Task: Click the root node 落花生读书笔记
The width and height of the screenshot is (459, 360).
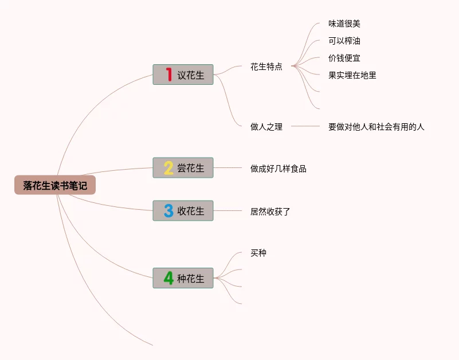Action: (55, 185)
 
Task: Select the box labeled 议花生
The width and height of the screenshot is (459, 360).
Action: (183, 75)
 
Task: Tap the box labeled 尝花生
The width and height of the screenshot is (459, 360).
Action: (183, 168)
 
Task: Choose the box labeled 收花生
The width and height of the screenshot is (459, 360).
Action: (183, 211)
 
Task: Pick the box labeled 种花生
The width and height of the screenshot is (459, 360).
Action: (183, 278)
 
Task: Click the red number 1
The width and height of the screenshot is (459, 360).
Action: (168, 75)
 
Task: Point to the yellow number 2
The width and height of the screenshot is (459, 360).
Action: (168, 168)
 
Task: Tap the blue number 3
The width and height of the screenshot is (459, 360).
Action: (168, 211)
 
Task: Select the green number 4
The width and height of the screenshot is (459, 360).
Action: (168, 278)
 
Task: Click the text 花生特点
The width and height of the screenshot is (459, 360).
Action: (266, 66)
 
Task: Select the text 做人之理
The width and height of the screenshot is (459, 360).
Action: (266, 127)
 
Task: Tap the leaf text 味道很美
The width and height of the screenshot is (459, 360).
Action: (344, 24)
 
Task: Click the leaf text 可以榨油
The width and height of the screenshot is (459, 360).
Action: (344, 41)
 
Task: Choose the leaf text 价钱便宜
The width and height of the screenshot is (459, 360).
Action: (344, 58)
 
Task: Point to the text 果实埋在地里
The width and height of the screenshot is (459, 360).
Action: (352, 75)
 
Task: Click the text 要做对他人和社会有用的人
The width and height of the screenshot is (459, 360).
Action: (376, 127)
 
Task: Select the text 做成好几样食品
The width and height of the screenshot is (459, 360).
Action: (278, 169)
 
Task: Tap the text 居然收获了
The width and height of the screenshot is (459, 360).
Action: (270, 212)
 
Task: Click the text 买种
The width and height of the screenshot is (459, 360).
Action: (258, 253)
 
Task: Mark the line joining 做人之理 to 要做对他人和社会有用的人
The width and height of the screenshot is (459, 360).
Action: (305, 126)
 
